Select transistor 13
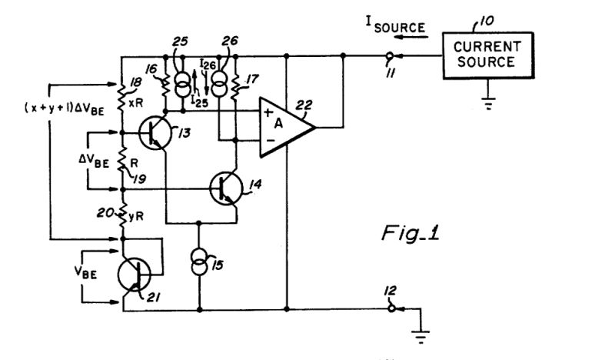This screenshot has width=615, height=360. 157,134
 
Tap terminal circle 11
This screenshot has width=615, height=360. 390,55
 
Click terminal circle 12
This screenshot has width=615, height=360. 390,310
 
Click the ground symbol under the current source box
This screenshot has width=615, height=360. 487,104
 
